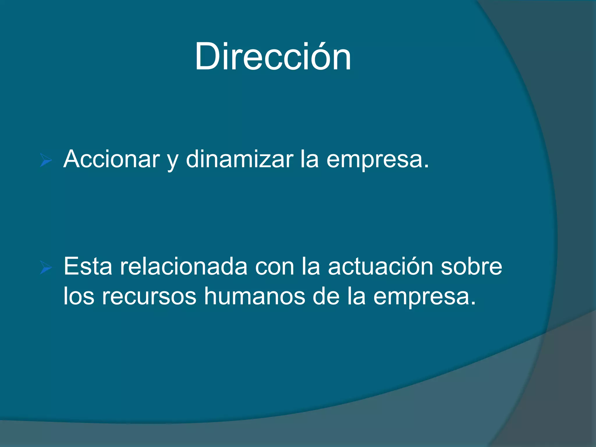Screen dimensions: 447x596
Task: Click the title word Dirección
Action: pyautogui.click(x=273, y=56)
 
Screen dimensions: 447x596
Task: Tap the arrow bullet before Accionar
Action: pyautogui.click(x=46, y=161)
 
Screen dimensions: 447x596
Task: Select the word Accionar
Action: pyautogui.click(x=111, y=159)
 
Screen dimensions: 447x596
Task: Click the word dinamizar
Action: pyautogui.click(x=240, y=159)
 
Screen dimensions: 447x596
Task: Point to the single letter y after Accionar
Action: pyautogui.click(x=173, y=162)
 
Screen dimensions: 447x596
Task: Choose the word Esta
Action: pyautogui.click(x=88, y=266)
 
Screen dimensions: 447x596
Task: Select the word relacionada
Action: pyautogui.click(x=184, y=266)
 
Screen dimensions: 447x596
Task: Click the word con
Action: pyautogui.click(x=274, y=268)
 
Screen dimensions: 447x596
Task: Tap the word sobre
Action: pyautogui.click(x=471, y=266)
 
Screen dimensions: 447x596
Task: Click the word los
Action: pyautogui.click(x=79, y=296)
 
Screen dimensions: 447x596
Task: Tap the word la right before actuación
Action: pyautogui.click(x=311, y=266)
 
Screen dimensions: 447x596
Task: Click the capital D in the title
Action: pyautogui.click(x=207, y=56)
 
